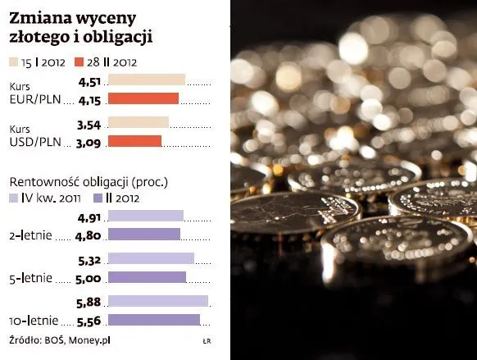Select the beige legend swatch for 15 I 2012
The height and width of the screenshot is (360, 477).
pyautogui.click(x=17, y=61)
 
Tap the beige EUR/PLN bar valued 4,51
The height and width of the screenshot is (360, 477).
pyautogui.click(x=146, y=80)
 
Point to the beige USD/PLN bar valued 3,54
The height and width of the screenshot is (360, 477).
pyautogui.click(x=138, y=123)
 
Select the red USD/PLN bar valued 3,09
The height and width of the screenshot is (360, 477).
pyautogui.click(x=134, y=141)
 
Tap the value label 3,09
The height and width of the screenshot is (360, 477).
pyautogui.click(x=89, y=142)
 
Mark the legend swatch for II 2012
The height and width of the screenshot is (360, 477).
pyautogui.click(x=98, y=198)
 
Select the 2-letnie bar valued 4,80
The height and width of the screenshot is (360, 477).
pyautogui.click(x=143, y=235)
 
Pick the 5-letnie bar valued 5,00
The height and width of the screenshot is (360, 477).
pyautogui.click(x=147, y=277)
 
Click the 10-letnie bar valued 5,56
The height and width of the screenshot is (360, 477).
pyautogui.click(x=153, y=320)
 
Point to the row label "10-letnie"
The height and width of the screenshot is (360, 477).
pyautogui.click(x=32, y=321)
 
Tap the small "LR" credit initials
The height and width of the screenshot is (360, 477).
pyautogui.click(x=207, y=340)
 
